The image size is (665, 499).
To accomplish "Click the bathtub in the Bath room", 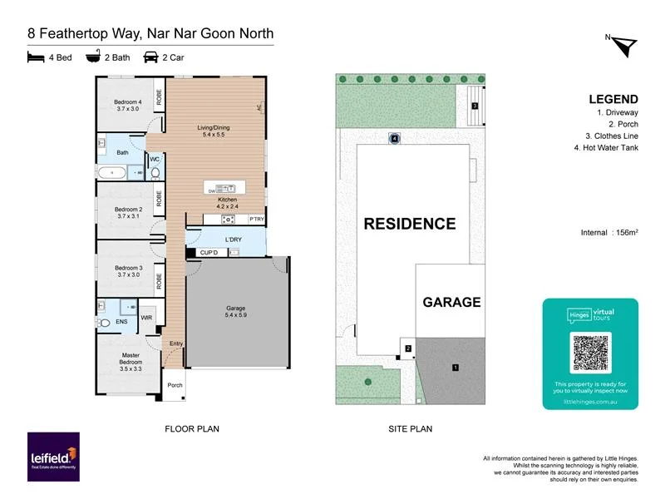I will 111,172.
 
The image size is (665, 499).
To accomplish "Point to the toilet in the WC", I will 155,173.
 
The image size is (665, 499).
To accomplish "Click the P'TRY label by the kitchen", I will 257,219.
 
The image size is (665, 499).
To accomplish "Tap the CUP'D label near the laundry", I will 209,252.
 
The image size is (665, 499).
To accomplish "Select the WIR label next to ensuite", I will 147,317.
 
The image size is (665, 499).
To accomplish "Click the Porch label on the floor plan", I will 175,385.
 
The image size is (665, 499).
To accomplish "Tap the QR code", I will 590,352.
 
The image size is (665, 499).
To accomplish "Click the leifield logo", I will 53,457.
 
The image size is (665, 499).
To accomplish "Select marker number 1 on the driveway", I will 455,366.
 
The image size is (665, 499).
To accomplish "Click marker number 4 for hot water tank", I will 395,139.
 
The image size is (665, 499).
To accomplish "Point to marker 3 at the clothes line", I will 474,106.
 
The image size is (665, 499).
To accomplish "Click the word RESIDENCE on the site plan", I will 409,224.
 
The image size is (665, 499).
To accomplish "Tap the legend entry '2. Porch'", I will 619,124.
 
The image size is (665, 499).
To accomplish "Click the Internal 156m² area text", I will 608,232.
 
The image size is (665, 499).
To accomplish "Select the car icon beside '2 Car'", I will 151,58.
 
